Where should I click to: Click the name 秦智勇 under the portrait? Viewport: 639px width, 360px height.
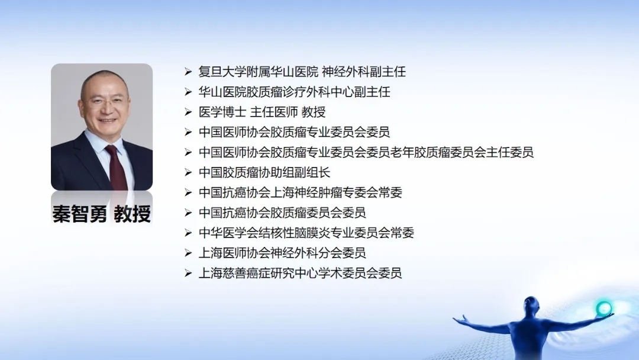pyautogui.click(x=80, y=214)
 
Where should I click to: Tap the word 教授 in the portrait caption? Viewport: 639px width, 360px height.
pyautogui.click(x=133, y=214)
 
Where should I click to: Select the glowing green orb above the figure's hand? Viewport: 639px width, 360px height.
pyautogui.click(x=603, y=308)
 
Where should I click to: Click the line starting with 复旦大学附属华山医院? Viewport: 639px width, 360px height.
pyautogui.click(x=302, y=72)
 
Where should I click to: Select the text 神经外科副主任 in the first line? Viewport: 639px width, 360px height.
pyautogui.click(x=364, y=72)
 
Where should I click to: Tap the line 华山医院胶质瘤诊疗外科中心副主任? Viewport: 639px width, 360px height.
pyautogui.click(x=294, y=92)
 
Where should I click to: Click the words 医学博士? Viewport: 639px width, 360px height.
pyautogui.click(x=222, y=112)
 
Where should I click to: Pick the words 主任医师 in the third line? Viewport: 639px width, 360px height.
pyautogui.click(x=274, y=112)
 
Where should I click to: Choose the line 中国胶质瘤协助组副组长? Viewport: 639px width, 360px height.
pyautogui.click(x=264, y=172)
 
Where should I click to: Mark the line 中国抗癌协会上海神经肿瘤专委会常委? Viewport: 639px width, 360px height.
pyautogui.click(x=301, y=192)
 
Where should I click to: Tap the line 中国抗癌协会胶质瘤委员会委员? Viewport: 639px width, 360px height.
pyautogui.click(x=282, y=213)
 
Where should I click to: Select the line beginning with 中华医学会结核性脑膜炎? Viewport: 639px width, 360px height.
pyautogui.click(x=306, y=233)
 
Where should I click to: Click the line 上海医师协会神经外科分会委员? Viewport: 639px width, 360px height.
pyautogui.click(x=282, y=253)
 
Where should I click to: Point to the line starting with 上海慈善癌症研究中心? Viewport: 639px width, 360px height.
pyautogui.click(x=301, y=273)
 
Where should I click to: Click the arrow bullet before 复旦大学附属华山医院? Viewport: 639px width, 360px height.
pyautogui.click(x=188, y=72)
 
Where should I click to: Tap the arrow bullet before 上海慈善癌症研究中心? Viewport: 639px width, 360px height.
pyautogui.click(x=188, y=273)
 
